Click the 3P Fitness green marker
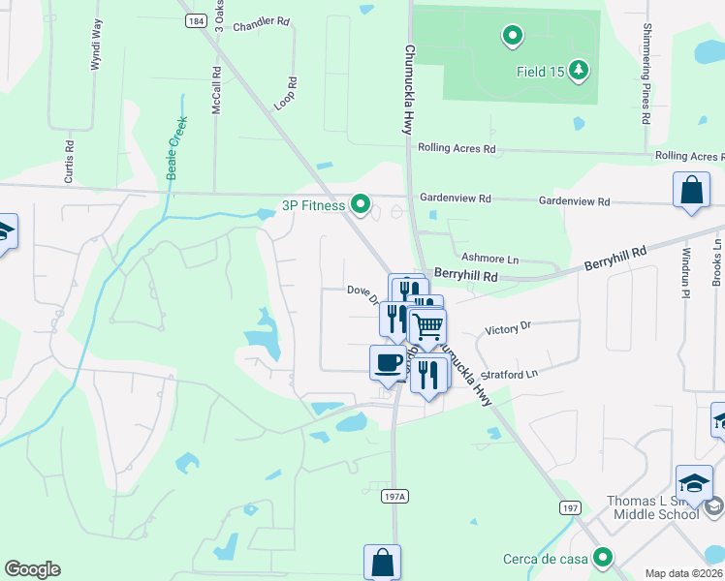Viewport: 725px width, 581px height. coord(361,204)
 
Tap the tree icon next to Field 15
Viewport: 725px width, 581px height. coord(579,69)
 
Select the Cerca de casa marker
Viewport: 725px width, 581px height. coord(604,558)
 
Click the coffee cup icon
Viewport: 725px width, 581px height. coord(388,363)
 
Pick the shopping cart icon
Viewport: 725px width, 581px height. coord(427,326)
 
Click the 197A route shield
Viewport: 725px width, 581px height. coord(393,496)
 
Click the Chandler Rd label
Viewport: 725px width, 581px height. coord(262,20)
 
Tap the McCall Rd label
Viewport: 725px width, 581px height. coord(216,88)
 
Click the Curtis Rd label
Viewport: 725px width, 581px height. coord(69,162)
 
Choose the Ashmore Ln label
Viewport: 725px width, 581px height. coord(489,259)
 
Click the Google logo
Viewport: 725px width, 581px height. coord(33,569)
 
